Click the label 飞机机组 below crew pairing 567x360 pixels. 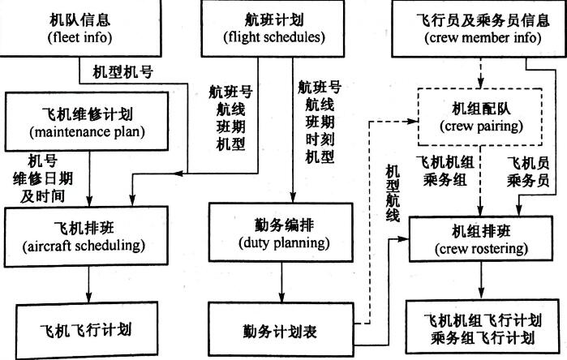pyautogui.click(x=440, y=162)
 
